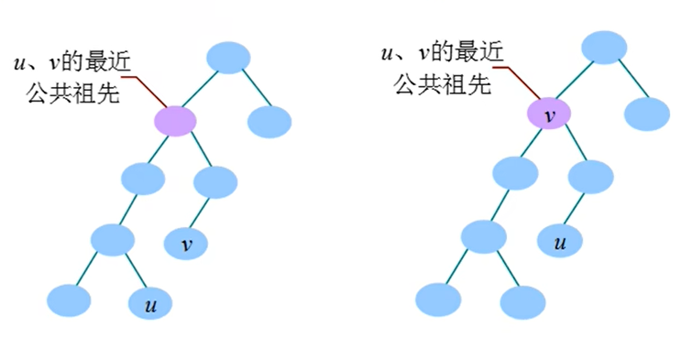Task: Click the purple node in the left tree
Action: click(x=175, y=120)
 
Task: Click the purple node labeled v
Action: click(x=549, y=115)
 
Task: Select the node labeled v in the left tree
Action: click(x=188, y=244)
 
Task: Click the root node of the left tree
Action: click(x=228, y=57)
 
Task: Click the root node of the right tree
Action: click(x=603, y=48)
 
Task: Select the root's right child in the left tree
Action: click(x=269, y=121)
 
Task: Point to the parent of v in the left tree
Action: click(x=216, y=180)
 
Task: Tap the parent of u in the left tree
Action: click(x=114, y=240)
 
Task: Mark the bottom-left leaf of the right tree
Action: click(x=438, y=299)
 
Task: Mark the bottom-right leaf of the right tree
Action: click(x=522, y=301)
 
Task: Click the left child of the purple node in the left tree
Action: click(x=141, y=178)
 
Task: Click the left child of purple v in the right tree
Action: click(x=515, y=172)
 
